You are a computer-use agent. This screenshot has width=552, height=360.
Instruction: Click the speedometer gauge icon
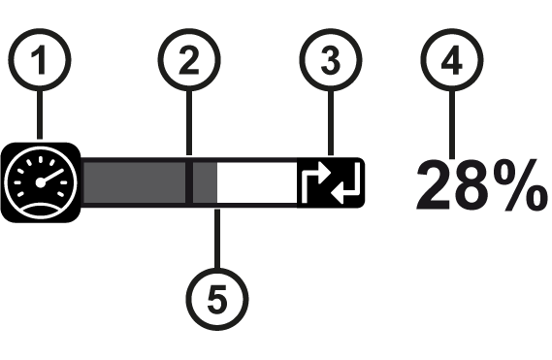point(41,182)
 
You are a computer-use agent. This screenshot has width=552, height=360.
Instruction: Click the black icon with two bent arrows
point(331,182)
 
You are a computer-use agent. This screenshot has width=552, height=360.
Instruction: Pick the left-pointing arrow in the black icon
point(346,185)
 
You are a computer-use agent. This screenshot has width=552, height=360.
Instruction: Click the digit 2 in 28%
point(435,185)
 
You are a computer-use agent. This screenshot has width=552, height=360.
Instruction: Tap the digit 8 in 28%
point(471,185)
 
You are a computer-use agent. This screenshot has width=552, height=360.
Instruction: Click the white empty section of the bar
point(257,182)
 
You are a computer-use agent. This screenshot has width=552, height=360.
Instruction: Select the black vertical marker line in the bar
point(189,182)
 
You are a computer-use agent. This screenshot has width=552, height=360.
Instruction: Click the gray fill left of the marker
point(135,182)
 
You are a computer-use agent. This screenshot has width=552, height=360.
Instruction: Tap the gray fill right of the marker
point(205,182)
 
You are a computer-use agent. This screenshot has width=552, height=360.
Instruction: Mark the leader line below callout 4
point(452,125)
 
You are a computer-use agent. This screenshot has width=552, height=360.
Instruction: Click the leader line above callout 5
point(217,239)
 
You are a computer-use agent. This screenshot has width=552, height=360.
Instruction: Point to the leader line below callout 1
point(40,115)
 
